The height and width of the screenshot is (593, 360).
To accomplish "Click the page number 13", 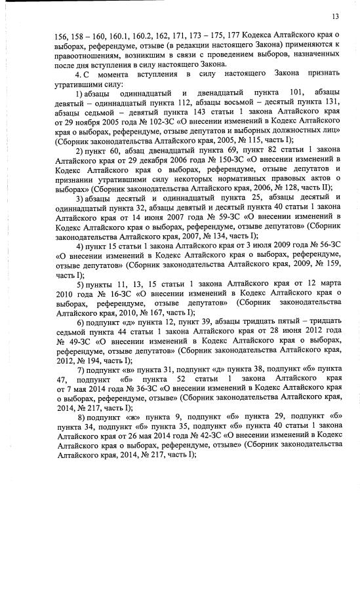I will click(x=335, y=16).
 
